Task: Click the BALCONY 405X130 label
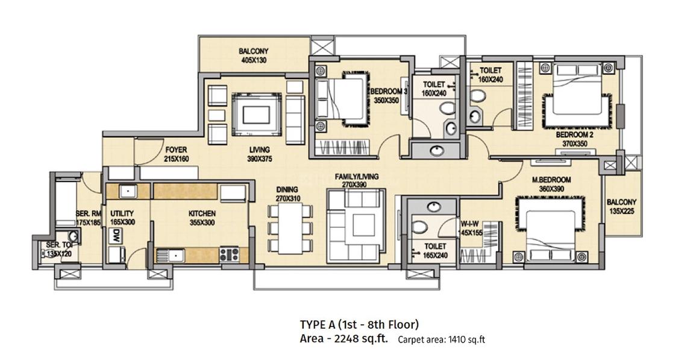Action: (253, 56)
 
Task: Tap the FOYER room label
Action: (176, 154)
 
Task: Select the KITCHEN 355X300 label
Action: (202, 218)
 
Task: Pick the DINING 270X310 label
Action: (288, 194)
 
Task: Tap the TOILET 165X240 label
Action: (434, 250)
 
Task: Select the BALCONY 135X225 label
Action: (621, 206)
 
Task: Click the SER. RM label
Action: (88, 218)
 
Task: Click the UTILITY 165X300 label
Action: (122, 218)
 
